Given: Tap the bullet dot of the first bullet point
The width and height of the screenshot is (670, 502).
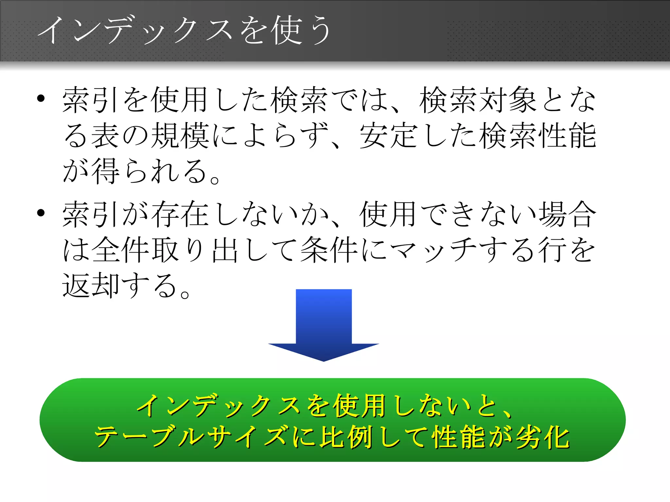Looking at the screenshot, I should click(x=41, y=98).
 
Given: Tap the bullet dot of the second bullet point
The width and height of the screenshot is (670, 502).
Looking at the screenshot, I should click(x=41, y=213).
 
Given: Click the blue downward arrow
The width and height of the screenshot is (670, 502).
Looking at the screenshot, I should click(x=324, y=324).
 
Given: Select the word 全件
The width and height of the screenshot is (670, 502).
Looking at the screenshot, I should click(x=121, y=250).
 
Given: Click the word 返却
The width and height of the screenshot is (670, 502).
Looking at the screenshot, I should click(x=91, y=285).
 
